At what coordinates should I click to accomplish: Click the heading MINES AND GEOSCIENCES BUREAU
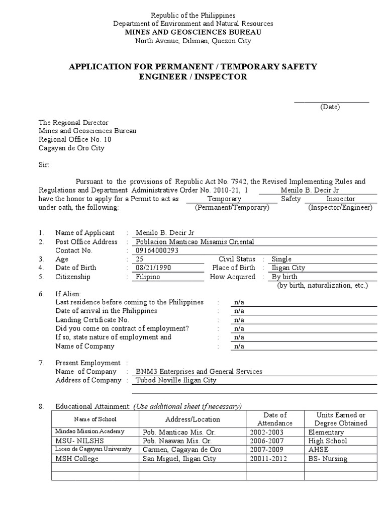[193, 32]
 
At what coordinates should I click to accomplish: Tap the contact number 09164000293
[157, 250]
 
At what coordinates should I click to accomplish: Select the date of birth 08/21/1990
[154, 268]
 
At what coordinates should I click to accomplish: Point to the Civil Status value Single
[281, 259]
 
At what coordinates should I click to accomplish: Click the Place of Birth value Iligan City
[288, 268]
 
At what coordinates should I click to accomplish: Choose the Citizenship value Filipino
[148, 277]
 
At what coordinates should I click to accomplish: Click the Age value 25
[140, 259]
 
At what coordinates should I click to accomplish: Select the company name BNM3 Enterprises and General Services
[199, 372]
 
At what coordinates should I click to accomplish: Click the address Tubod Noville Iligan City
[176, 381]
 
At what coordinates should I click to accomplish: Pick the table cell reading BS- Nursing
[328, 459]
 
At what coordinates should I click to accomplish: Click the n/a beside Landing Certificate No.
[239, 320]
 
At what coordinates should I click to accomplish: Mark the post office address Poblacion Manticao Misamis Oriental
[195, 242]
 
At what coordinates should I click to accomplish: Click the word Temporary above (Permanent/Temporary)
[224, 199]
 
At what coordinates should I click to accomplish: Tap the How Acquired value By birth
[284, 277]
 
